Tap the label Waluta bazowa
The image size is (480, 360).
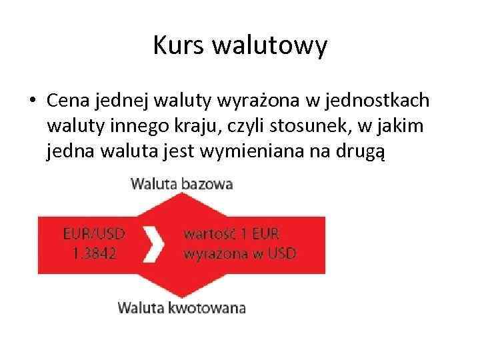tap(182, 184)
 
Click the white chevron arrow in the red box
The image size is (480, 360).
tap(155, 244)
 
